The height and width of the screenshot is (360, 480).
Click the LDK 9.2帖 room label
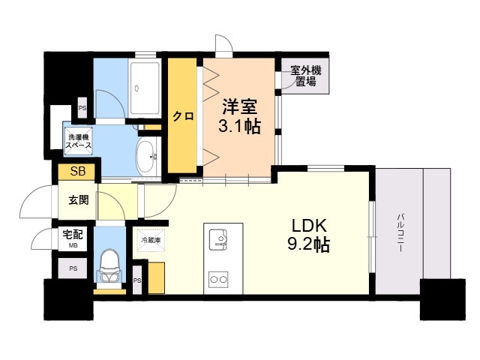point(309,235)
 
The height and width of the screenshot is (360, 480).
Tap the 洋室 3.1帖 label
point(239,116)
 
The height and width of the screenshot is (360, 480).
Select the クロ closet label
point(183,116)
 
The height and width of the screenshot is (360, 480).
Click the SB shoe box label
point(78,171)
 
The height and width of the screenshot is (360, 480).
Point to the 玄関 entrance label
point(78,200)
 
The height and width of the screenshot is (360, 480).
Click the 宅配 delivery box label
point(73,235)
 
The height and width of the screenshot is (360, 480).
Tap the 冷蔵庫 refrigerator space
point(151,240)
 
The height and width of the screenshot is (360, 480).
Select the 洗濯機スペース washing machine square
point(78,141)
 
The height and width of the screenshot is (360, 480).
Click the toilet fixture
point(109,265)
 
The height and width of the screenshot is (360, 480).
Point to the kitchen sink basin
point(218,239)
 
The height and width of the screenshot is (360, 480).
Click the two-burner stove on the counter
point(218,279)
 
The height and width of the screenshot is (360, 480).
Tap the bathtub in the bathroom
point(144,88)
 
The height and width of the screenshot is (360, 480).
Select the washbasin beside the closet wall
point(146,157)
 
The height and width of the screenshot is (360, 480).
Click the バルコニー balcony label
point(400,233)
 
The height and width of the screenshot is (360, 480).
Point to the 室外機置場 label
point(305,76)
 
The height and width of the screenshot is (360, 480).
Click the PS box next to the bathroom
point(82,108)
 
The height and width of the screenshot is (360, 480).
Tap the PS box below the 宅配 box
point(73,268)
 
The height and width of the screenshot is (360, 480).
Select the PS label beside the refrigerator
point(137,280)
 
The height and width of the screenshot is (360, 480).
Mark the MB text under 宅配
point(73,245)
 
